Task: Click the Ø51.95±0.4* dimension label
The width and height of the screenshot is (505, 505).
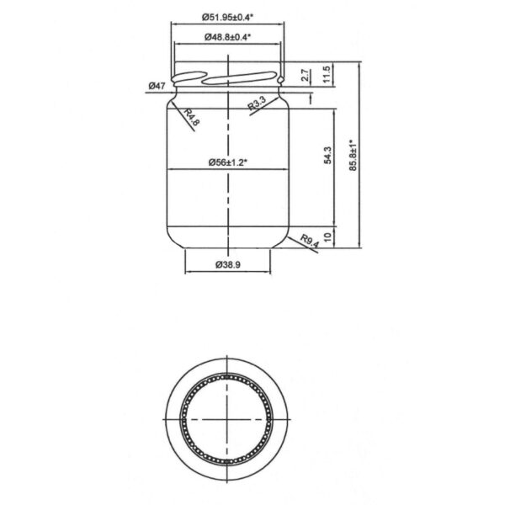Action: [228, 16]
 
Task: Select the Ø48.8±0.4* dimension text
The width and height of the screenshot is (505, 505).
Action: [228, 37]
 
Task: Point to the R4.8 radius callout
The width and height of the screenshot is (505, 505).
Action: [192, 118]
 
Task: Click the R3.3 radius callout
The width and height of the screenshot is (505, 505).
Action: [258, 104]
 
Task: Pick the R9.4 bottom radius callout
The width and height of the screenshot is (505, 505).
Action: [311, 244]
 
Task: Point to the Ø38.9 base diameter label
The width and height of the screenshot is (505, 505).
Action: [228, 264]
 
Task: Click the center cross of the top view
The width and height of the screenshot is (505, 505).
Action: [228, 419]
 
